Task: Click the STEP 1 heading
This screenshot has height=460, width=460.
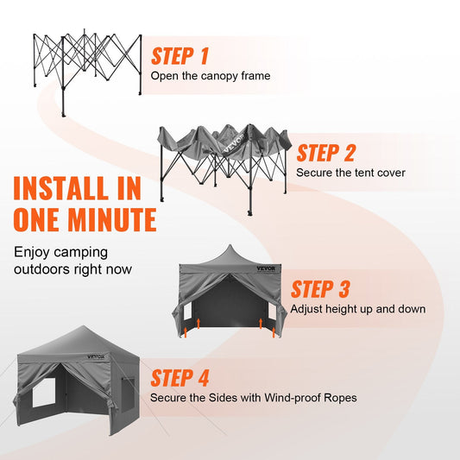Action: click(x=180, y=57)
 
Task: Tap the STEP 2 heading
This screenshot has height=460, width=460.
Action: click(x=325, y=154)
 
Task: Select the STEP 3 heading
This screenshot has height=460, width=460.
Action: click(x=319, y=289)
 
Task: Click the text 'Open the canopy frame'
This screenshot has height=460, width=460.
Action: click(x=211, y=76)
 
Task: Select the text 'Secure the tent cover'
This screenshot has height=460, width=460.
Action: click(x=350, y=173)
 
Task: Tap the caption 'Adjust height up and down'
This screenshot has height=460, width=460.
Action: click(x=357, y=308)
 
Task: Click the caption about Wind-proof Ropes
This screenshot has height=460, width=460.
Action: click(x=253, y=398)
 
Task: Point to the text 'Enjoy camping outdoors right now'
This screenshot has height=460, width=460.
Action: click(x=73, y=261)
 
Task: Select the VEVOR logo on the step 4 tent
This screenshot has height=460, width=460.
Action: click(x=95, y=356)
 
